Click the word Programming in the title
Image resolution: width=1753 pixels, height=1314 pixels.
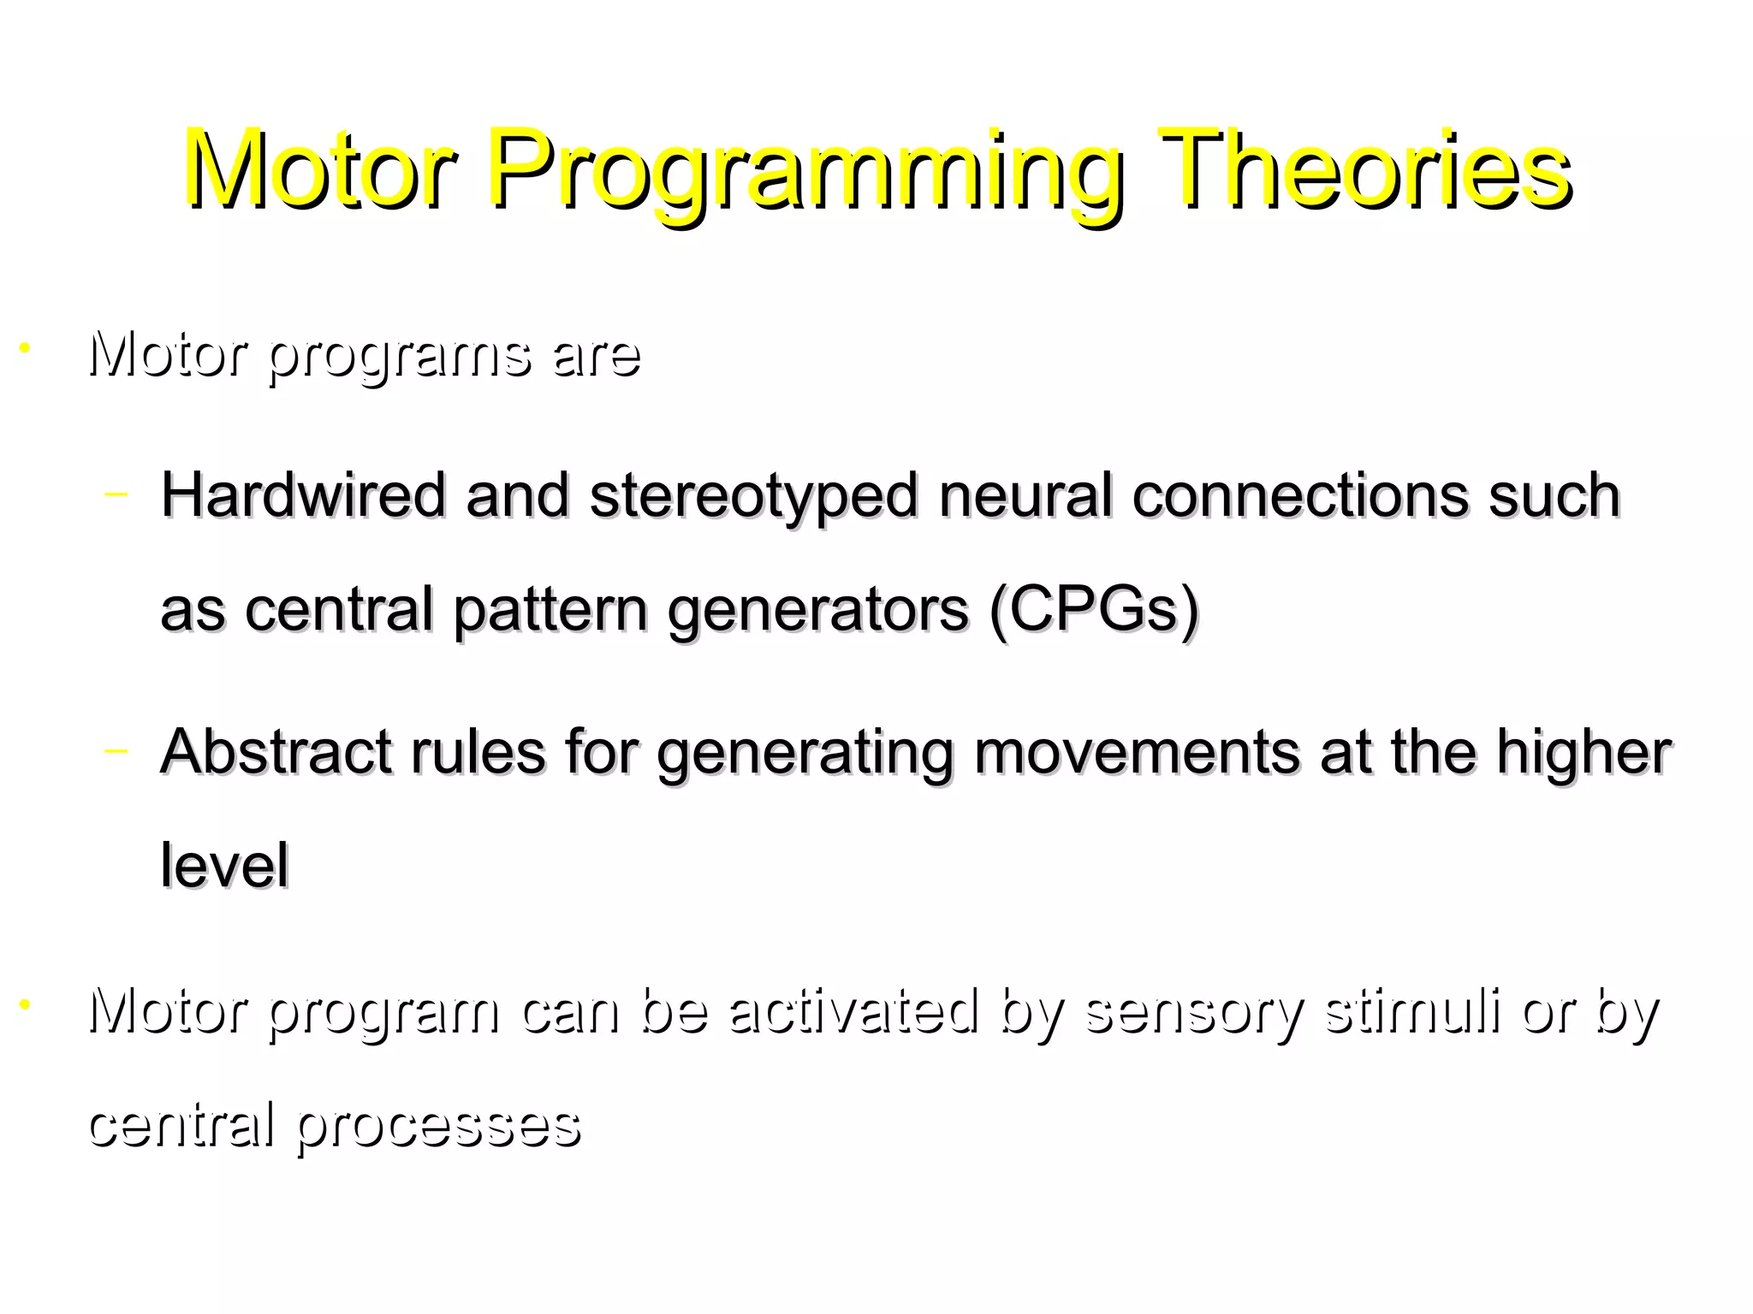coord(805,171)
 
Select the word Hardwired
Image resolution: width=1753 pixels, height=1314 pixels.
coord(304,495)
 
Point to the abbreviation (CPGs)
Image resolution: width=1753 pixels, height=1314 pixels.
coord(1094,609)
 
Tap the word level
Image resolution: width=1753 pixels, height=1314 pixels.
coord(224,865)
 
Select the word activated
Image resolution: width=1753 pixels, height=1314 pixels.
coord(853,1010)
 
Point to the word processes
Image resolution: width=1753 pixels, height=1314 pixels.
coord(439,1126)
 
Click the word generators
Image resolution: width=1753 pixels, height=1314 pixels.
coord(817,611)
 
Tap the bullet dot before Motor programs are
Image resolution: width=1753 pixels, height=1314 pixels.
coord(25,348)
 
